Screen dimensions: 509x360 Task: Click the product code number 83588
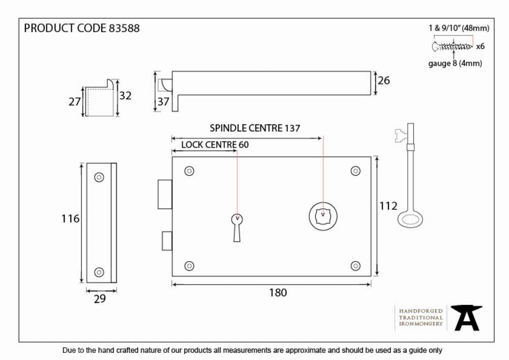(124, 28)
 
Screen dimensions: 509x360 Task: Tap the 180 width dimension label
(278, 293)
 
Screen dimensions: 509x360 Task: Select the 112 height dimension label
(388, 206)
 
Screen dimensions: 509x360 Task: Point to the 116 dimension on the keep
(70, 219)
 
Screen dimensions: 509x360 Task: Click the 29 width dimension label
(100, 299)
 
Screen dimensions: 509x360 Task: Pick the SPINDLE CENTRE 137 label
(255, 128)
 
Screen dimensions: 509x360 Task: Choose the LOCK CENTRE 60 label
(215, 145)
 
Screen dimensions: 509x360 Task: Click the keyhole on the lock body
(237, 228)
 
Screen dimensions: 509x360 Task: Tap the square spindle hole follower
(323, 216)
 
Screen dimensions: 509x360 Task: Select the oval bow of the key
(410, 220)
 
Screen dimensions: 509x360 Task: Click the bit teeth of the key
(401, 135)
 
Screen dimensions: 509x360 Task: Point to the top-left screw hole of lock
(189, 171)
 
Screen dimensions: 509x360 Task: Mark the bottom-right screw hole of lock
(355, 266)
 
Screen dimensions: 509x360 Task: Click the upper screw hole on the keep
(99, 177)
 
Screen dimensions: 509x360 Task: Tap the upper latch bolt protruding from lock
(165, 195)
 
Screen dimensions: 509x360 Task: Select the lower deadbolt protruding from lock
(167, 241)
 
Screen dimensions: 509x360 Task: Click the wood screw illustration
(452, 46)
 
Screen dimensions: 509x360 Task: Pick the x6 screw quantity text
(480, 46)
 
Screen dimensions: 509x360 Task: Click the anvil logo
(466, 318)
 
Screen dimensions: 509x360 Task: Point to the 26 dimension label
(384, 80)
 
